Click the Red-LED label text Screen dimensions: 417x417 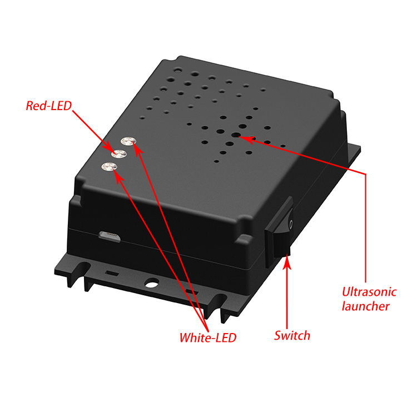49,106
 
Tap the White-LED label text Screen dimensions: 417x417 208,337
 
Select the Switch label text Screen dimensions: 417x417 292,335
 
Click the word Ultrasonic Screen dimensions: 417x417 369,292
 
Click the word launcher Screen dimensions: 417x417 366,306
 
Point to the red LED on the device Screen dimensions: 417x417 118,153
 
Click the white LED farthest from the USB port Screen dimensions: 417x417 128,141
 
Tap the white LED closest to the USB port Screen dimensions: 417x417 110,166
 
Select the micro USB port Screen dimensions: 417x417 110,236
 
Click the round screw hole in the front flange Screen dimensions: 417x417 152,282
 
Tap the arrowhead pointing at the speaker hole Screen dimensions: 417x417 245,139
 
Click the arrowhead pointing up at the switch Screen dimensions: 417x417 286,261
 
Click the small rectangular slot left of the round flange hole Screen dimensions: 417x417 112,272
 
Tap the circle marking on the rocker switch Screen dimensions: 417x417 291,224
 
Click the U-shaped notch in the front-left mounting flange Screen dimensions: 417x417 82,268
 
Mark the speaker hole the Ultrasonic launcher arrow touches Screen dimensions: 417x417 236,135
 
